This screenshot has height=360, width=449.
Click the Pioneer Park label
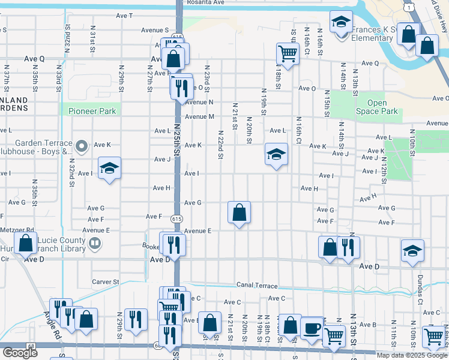[x=91, y=111]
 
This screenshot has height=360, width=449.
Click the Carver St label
[x=106, y=281]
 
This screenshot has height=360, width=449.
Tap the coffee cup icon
[x=312, y=328]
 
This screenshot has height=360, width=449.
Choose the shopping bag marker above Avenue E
[x=239, y=212]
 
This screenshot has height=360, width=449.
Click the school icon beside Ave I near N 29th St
[x=109, y=169]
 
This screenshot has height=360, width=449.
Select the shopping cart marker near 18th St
[x=288, y=54]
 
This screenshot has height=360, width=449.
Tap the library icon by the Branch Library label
[x=94, y=243]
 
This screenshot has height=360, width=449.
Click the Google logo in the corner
[x=19, y=353]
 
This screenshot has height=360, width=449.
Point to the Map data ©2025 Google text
[x=412, y=355]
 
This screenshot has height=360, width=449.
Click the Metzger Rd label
[x=17, y=230]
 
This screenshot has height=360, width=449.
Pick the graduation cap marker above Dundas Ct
[x=412, y=251]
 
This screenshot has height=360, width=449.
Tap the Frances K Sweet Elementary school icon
[x=341, y=23]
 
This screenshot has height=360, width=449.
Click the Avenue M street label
[x=199, y=116]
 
